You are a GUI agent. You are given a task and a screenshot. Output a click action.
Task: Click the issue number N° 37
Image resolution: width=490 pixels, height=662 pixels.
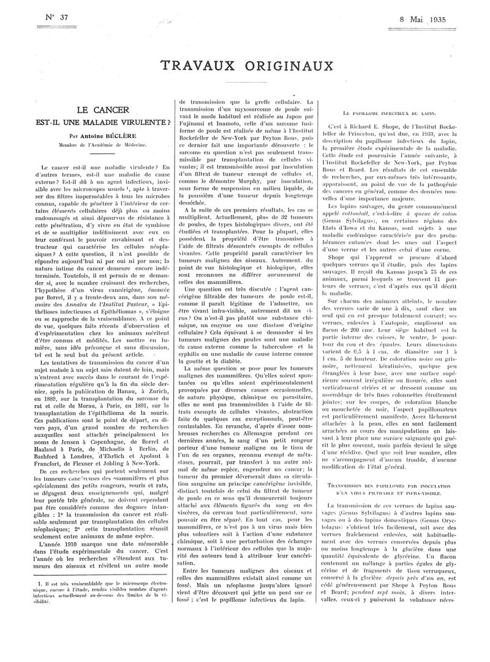[56, 17]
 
